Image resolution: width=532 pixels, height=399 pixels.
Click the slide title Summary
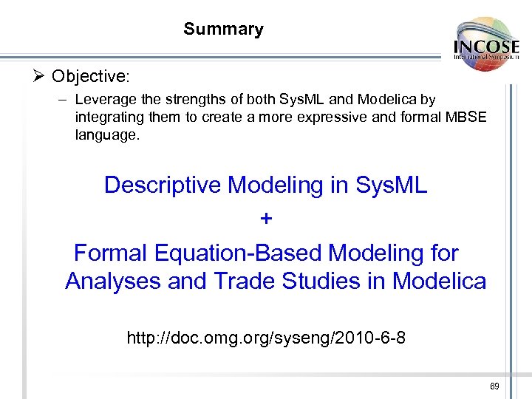click(223, 30)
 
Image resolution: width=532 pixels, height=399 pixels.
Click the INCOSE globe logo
click(486, 44)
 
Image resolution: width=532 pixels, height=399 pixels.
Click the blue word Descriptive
click(163, 185)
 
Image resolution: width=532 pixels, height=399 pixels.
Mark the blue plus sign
click(266, 219)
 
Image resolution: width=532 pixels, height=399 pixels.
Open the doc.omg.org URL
click(266, 338)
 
